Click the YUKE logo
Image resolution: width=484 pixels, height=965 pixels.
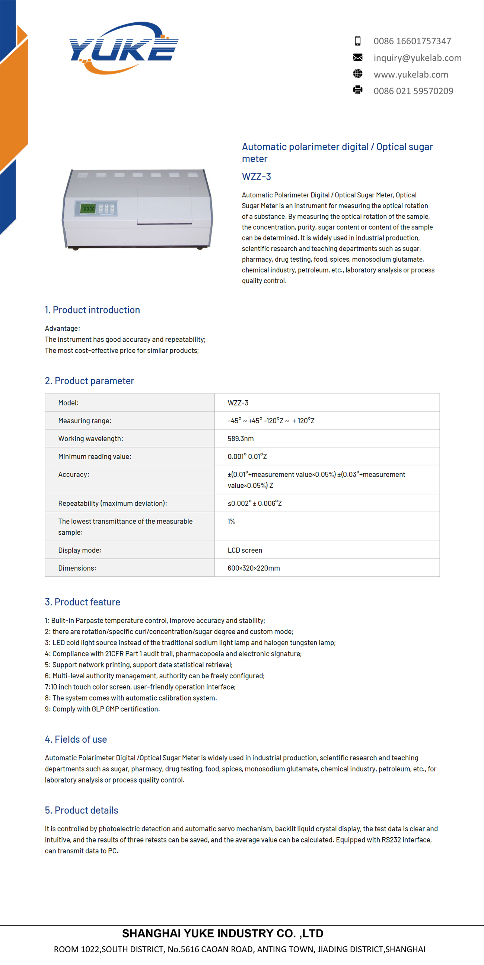pos(124,48)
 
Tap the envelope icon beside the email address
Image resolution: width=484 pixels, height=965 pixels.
pos(358,57)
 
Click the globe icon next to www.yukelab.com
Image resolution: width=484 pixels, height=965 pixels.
pos(358,74)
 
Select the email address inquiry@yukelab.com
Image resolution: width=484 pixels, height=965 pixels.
pos(417,58)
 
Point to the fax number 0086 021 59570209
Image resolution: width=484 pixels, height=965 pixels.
pos(413,91)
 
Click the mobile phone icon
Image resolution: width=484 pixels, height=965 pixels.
pos(358,41)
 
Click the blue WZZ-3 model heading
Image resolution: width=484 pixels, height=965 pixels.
pos(256,176)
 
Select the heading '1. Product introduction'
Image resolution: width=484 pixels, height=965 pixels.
pos(92,310)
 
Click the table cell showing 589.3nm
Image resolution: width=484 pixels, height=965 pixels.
pos(241,439)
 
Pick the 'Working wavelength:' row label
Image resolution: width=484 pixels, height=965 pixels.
pos(90,439)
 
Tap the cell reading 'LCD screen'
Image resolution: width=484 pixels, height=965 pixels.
pos(245,550)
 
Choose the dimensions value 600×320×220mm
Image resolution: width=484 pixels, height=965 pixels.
pos(254,568)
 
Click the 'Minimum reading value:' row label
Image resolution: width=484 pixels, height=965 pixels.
pos(95,457)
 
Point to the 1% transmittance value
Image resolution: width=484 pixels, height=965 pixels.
pos(231,522)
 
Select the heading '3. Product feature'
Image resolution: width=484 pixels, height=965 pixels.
pos(82,602)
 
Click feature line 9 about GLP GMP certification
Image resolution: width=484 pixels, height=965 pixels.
pos(102,709)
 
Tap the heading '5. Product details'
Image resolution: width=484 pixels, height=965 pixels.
pos(81,810)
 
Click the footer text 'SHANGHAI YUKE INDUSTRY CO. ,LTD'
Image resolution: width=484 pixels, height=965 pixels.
pos(223,933)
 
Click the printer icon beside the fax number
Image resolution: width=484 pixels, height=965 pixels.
pos(358,90)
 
